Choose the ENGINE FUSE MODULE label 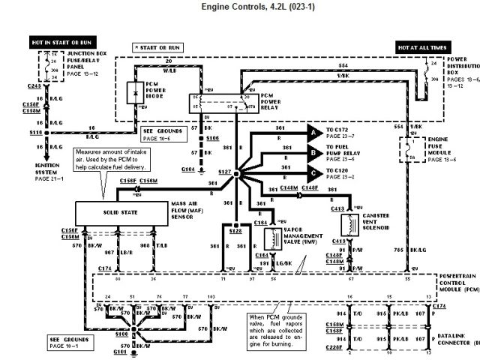[443, 145]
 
